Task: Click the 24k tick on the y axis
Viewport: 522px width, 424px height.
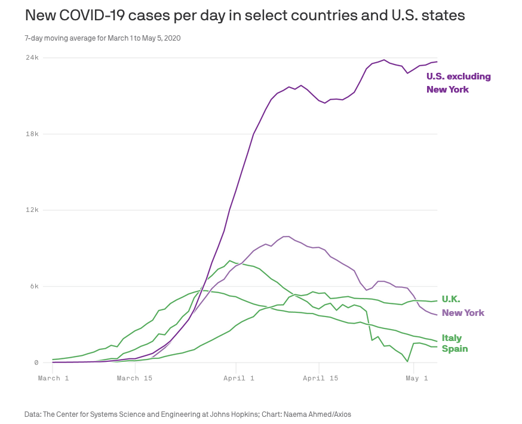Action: click(x=32, y=58)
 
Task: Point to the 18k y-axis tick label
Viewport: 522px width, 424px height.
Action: click(x=32, y=134)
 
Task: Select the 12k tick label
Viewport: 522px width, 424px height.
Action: click(x=32, y=210)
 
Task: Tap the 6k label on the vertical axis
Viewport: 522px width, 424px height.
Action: click(x=34, y=287)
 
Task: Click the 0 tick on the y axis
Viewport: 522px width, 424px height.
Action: click(x=36, y=362)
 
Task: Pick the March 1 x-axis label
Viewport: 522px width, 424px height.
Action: click(x=53, y=378)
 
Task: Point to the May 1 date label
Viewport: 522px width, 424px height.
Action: click(x=417, y=378)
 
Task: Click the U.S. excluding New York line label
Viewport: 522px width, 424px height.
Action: click(x=458, y=83)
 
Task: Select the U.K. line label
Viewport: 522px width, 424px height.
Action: click(x=451, y=299)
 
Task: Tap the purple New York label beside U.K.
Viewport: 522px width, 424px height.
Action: click(x=463, y=313)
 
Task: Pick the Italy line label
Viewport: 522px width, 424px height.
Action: click(x=452, y=338)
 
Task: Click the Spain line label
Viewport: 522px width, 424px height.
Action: click(x=455, y=349)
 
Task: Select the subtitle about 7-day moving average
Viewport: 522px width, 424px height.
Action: click(x=103, y=38)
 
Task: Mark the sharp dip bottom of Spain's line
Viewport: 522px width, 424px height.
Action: click(x=407, y=361)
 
